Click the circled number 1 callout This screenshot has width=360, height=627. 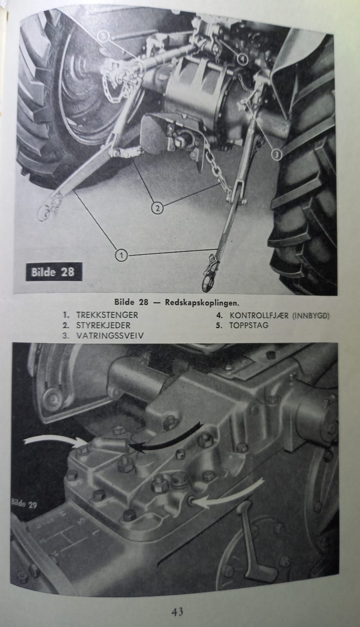pyautogui.click(x=121, y=255)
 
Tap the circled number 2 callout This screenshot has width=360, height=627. pyautogui.click(x=157, y=208)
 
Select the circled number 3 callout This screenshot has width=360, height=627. pyautogui.click(x=277, y=154)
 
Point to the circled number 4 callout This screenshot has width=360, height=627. pyautogui.click(x=242, y=59)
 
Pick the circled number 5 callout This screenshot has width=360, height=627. pyautogui.click(x=104, y=36)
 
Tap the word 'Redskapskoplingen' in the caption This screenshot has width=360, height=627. pyautogui.click(x=202, y=302)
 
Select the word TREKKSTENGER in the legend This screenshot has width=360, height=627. pyautogui.click(x=107, y=315)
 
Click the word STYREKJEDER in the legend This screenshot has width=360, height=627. pyautogui.click(x=103, y=325)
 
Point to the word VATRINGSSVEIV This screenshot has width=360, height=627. pyautogui.click(x=110, y=336)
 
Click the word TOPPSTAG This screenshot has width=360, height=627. pyautogui.click(x=249, y=325)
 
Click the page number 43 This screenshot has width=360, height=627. pyautogui.click(x=177, y=611)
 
